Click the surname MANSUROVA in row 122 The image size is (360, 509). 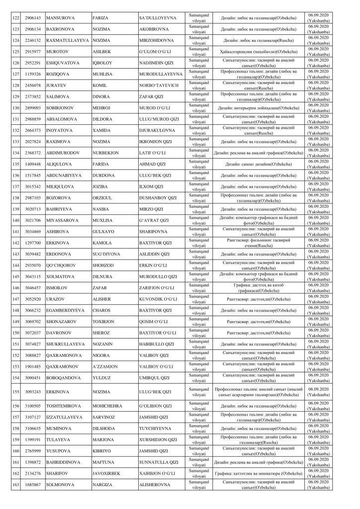[62, 18]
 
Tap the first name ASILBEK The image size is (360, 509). [102, 52]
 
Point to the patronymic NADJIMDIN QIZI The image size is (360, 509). [159, 63]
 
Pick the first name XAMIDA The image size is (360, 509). [101, 130]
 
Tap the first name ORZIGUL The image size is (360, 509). [103, 197]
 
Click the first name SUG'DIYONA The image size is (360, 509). [106, 254]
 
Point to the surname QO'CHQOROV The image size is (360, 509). [63, 265]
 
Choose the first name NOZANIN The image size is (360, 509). [103, 343]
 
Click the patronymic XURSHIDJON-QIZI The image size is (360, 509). [160, 439]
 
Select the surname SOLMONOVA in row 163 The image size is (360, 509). [61, 484]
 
